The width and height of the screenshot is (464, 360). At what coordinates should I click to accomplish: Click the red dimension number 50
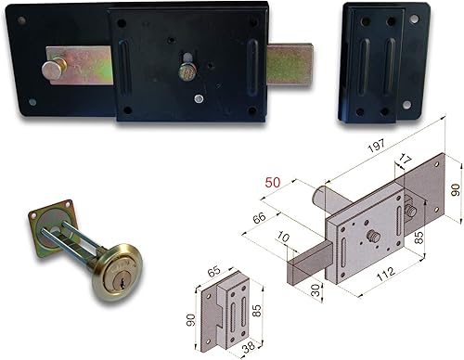[x=273, y=183]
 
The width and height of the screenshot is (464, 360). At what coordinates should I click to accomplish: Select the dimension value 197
[x=377, y=146]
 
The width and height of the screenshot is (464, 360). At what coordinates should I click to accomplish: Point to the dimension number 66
[x=259, y=217]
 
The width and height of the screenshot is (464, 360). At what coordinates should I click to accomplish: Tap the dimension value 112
[x=386, y=274]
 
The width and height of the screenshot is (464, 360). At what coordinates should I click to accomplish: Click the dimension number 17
[x=405, y=160]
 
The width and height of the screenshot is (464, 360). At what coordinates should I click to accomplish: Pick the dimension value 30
[x=316, y=290]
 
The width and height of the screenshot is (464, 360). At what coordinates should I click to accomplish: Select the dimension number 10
[x=283, y=238]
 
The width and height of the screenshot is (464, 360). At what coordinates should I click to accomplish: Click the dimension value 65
[x=213, y=271]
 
